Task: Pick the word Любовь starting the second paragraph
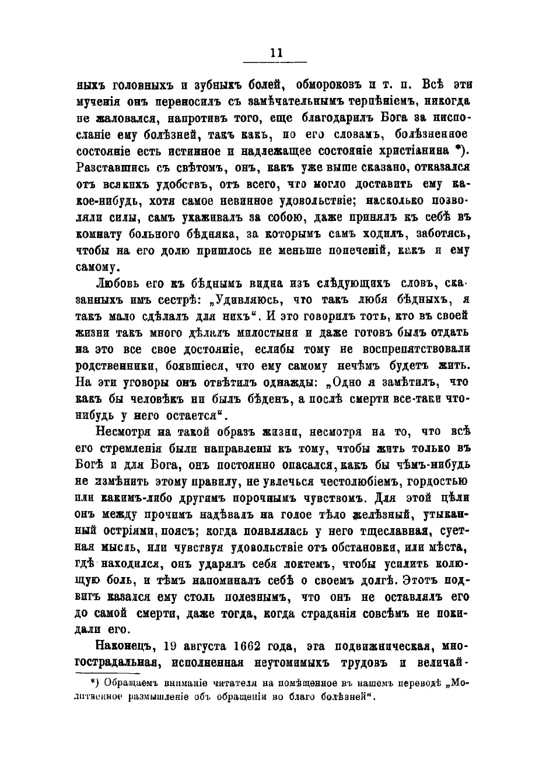point(118,284)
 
